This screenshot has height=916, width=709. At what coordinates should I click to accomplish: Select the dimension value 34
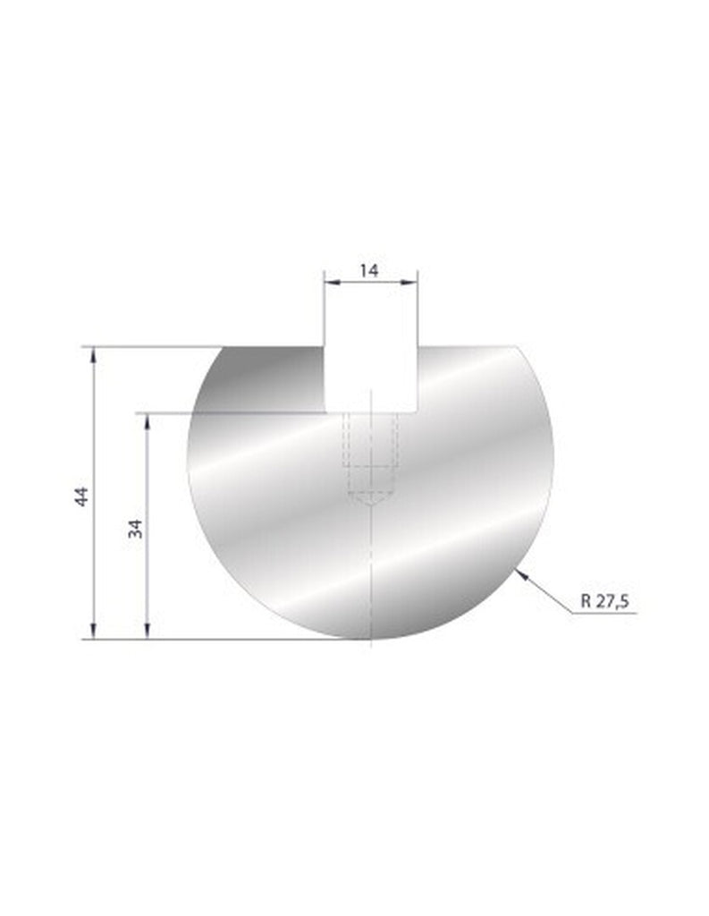pos(136,529)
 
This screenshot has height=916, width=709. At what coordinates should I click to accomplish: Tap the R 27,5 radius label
pos(605,602)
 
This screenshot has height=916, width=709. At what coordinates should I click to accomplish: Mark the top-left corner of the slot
pos(324,346)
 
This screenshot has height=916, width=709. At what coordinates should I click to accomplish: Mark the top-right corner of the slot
pos(418,346)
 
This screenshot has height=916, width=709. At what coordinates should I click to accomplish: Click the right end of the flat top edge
pos(518,346)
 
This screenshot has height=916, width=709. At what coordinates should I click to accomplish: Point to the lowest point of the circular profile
pos(369,640)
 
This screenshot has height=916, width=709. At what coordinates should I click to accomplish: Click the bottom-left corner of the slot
pos(324,412)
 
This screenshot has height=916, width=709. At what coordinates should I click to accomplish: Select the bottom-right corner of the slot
pos(418,412)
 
